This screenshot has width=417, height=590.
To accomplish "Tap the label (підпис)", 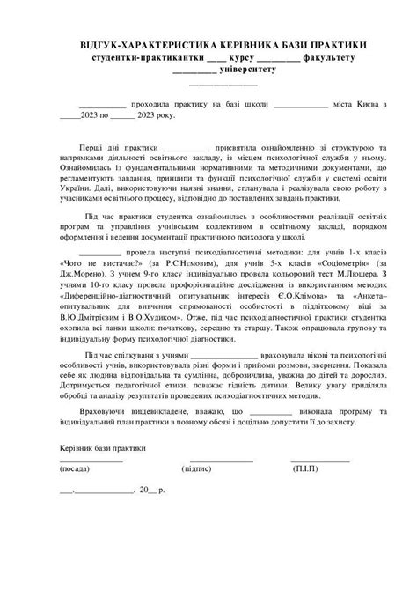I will pos(197,470).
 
